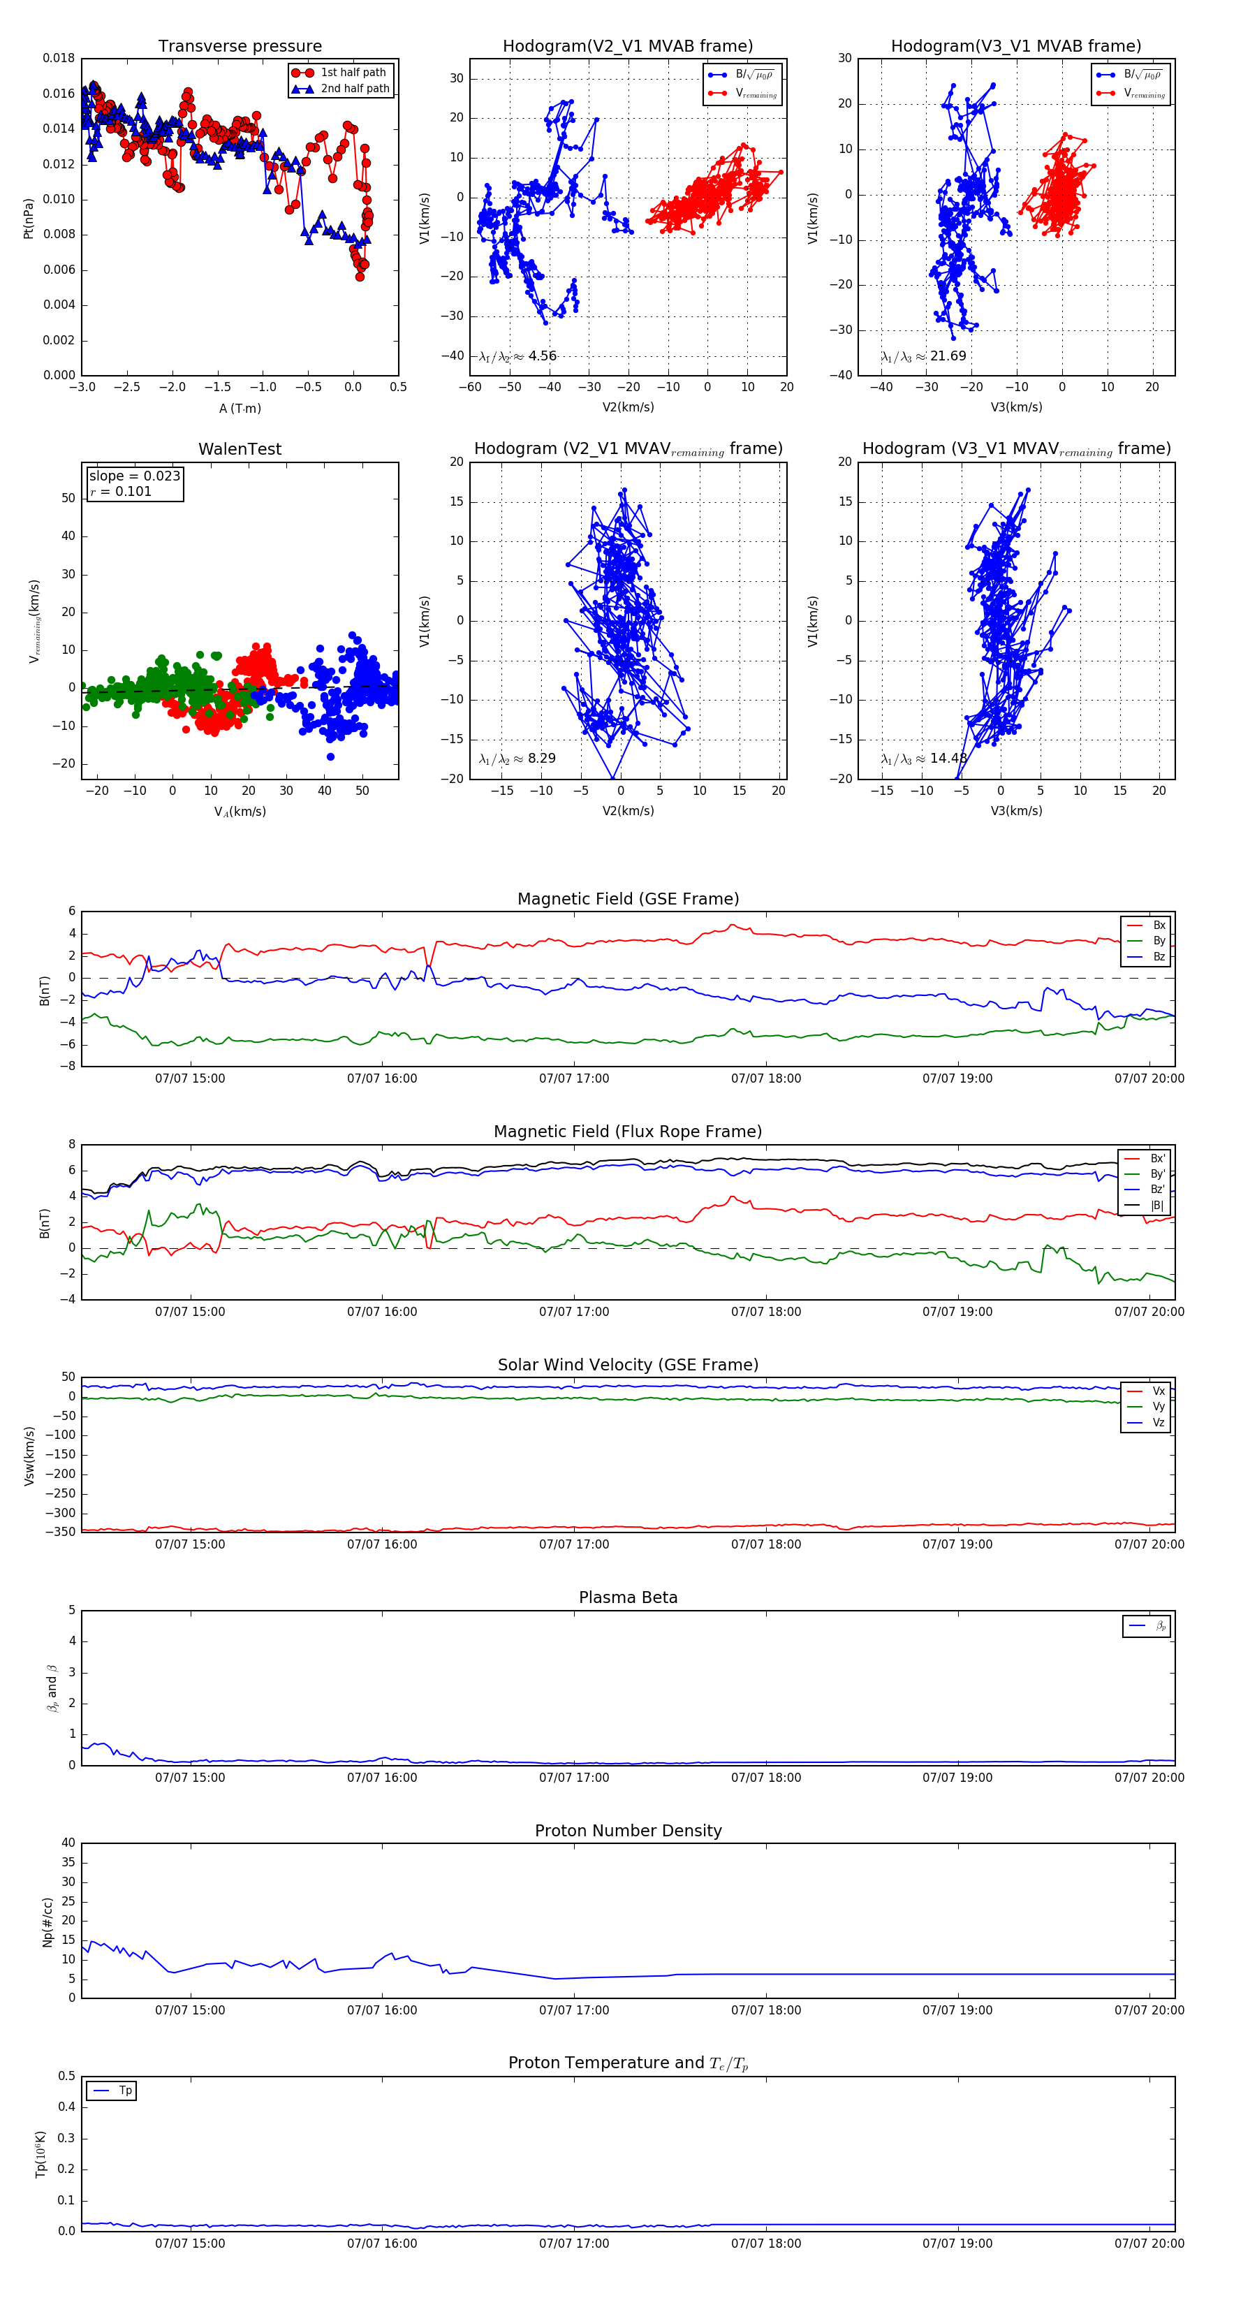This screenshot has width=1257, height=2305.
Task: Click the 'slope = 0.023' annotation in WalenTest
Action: [x=134, y=476]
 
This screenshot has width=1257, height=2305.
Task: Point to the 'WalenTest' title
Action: [x=240, y=449]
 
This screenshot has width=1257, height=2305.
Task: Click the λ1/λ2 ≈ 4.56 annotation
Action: [x=518, y=356]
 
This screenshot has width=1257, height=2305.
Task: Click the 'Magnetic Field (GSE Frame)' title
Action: [x=628, y=899]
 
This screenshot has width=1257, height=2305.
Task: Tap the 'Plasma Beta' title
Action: [x=628, y=1598]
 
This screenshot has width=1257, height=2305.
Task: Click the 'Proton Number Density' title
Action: [x=628, y=1831]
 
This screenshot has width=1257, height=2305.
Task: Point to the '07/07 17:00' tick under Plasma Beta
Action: [x=573, y=1778]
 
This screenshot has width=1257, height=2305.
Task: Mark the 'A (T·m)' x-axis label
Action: [x=240, y=409]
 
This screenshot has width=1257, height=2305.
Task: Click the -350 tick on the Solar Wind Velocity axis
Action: [x=63, y=1532]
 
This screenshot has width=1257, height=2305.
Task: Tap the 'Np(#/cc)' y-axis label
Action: [x=47, y=1923]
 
